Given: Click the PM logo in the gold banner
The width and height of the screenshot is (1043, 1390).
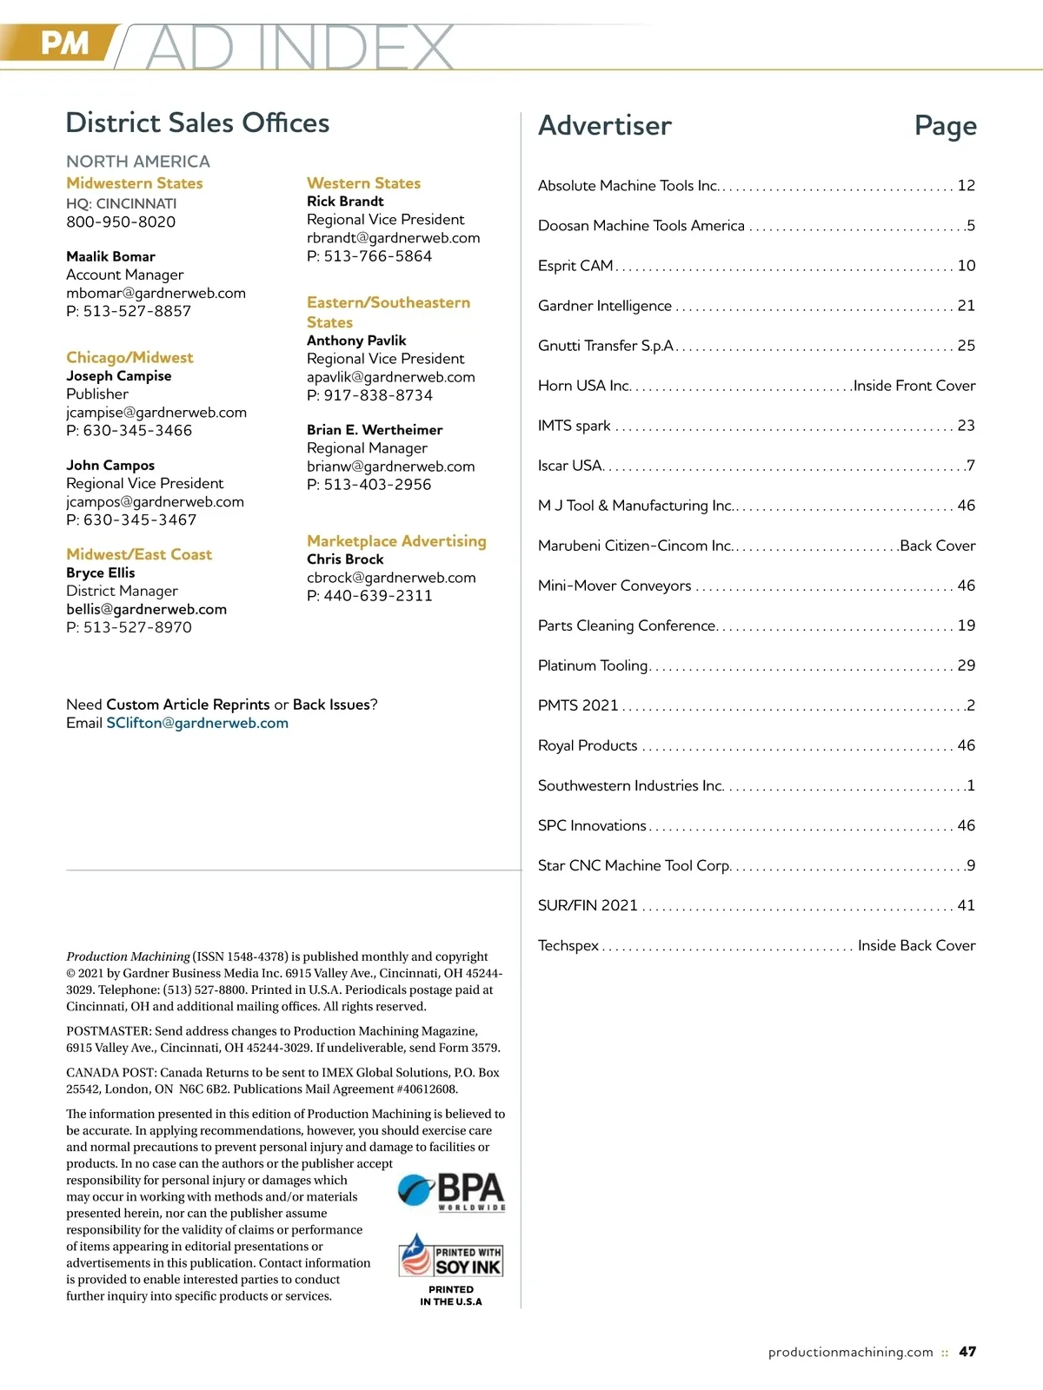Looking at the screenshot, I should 64,43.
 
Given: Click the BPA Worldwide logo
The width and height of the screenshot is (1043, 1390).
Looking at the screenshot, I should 452,1191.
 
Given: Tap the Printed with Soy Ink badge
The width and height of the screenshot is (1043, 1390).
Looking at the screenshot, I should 451,1256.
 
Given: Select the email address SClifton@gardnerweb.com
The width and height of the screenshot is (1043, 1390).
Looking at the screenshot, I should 197,723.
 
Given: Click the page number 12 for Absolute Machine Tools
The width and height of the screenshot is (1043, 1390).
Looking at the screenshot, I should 966,185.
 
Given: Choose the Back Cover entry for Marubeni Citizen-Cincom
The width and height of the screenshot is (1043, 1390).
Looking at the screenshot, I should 937,546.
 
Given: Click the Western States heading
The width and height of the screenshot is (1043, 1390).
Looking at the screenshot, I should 363,183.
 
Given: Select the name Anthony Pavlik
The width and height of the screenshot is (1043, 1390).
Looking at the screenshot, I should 356,341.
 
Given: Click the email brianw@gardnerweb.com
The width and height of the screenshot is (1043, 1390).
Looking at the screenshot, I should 390,467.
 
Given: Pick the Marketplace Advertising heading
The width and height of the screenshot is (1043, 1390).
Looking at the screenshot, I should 396,540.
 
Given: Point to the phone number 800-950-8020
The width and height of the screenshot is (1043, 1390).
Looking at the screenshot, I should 121,222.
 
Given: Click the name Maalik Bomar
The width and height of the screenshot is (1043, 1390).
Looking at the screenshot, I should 110,256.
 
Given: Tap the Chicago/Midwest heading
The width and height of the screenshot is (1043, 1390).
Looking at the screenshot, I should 130,357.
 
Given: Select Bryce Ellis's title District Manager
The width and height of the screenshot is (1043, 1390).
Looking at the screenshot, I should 122,591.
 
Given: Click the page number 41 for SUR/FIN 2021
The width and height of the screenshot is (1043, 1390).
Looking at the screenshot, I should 966,905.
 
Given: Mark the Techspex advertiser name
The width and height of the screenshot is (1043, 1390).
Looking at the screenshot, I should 568,945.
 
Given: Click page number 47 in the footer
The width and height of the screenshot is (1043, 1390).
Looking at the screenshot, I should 967,1352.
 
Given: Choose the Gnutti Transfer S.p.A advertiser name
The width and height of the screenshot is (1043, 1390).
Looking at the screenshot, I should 606,345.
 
